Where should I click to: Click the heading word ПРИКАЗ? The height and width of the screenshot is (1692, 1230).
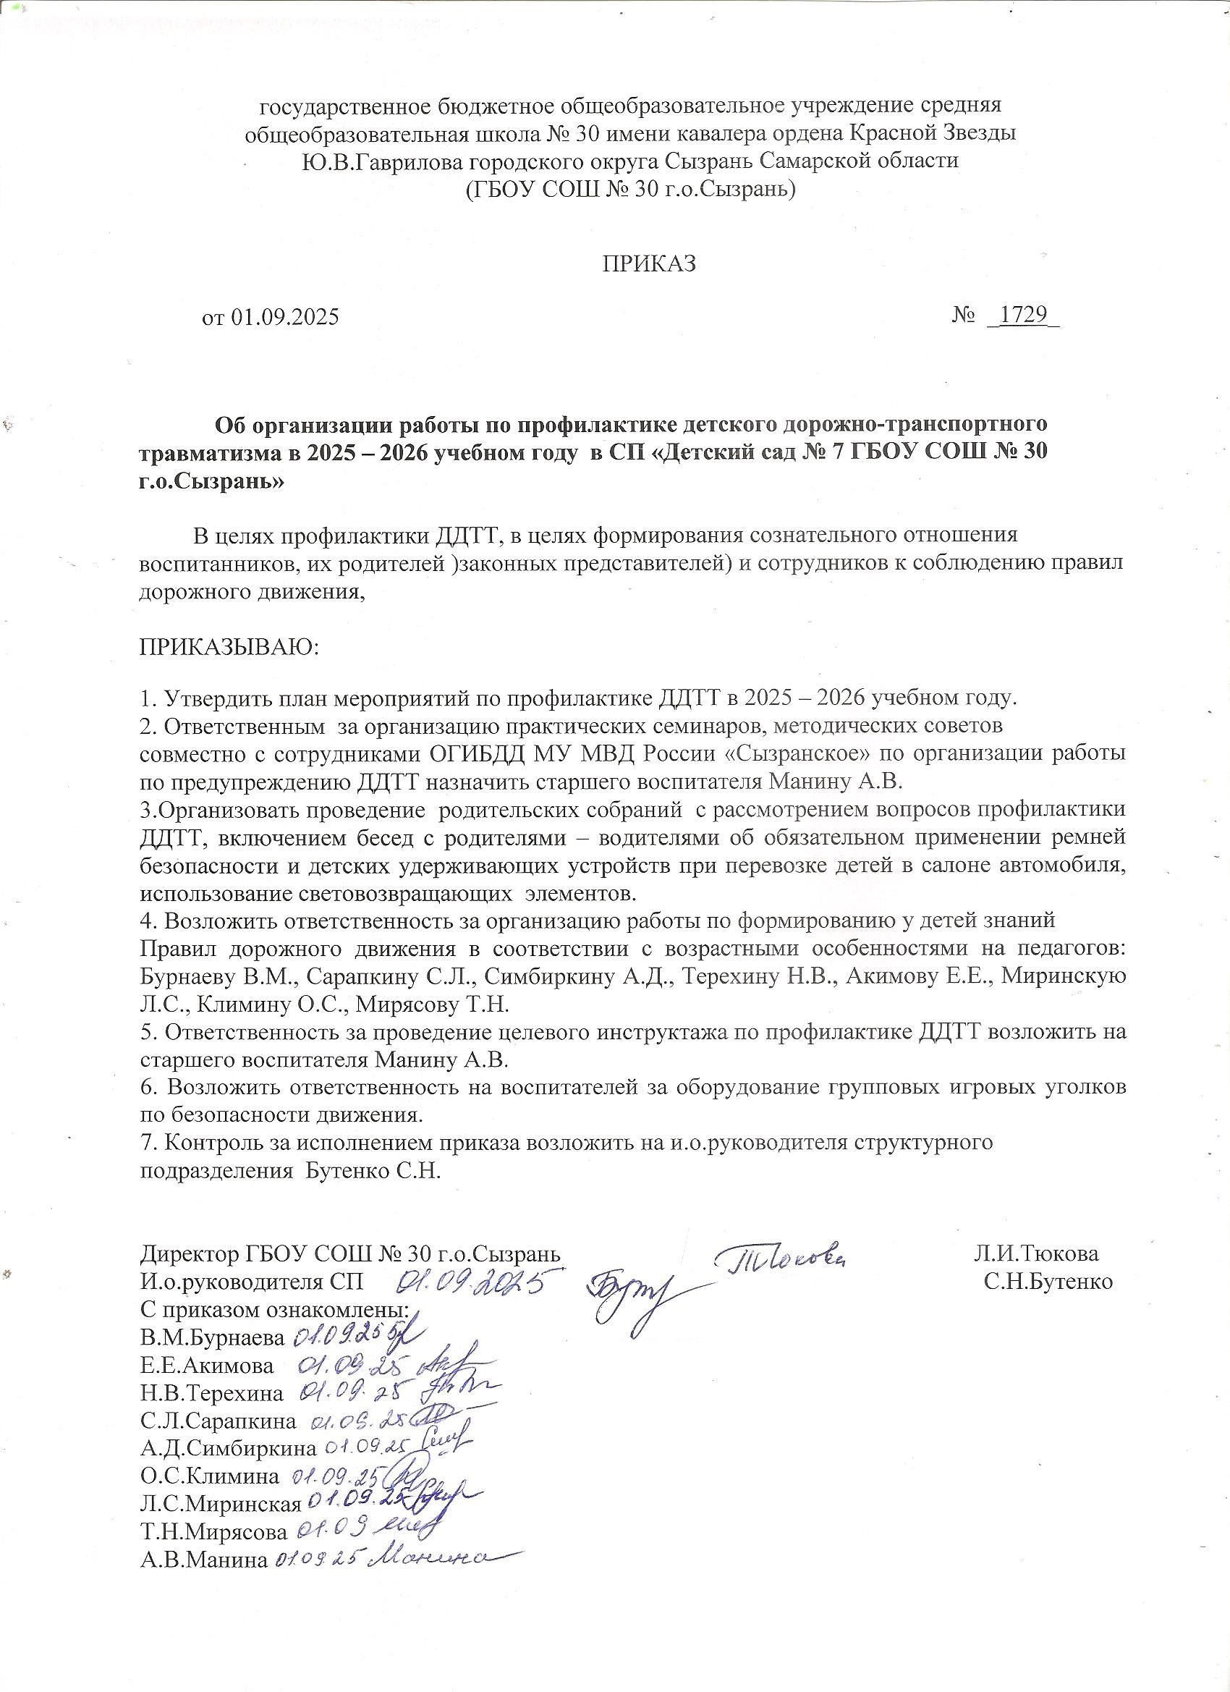[649, 264]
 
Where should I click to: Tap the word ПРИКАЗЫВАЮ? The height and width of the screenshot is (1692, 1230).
[229, 646]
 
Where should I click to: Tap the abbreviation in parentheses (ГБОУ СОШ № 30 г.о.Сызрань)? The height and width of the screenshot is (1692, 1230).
[630, 190]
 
